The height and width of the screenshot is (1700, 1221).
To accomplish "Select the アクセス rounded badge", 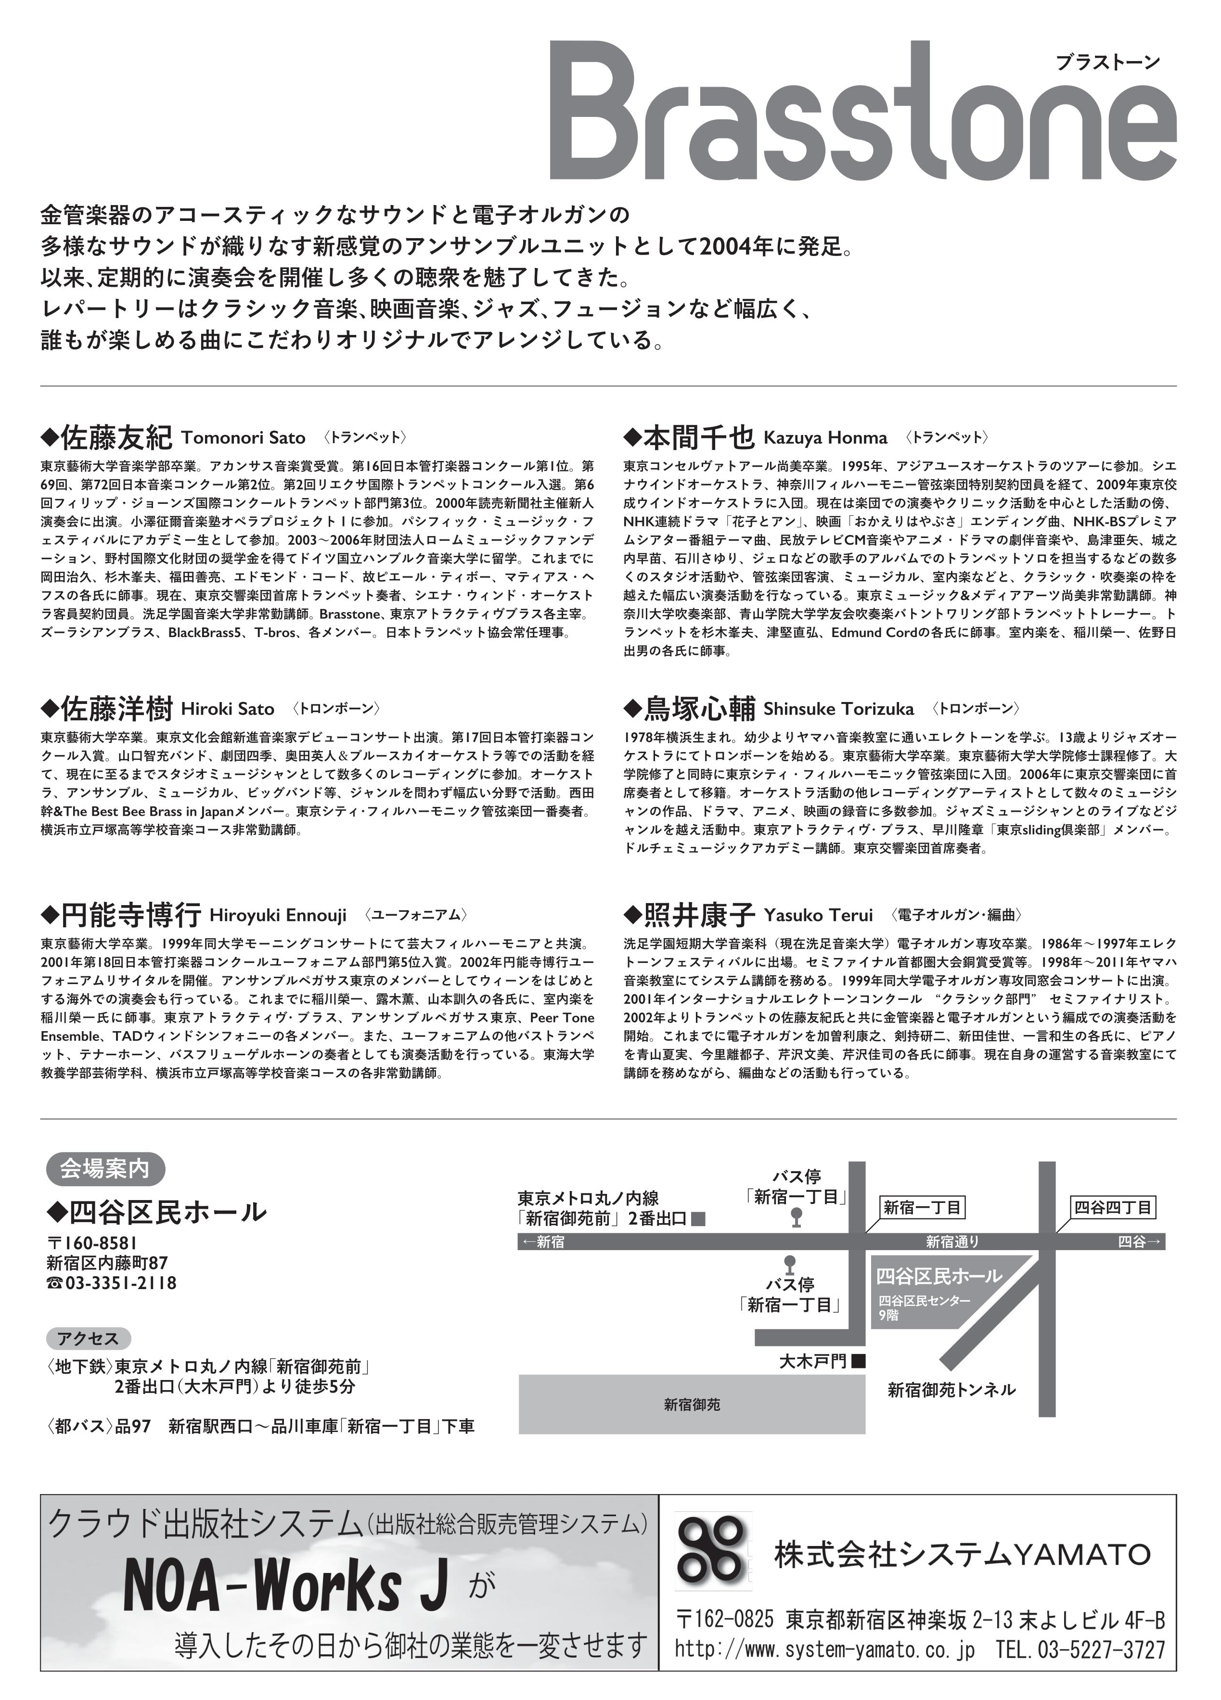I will pos(89,1339).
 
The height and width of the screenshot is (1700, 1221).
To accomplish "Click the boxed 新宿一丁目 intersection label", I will pos(921,1208).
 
